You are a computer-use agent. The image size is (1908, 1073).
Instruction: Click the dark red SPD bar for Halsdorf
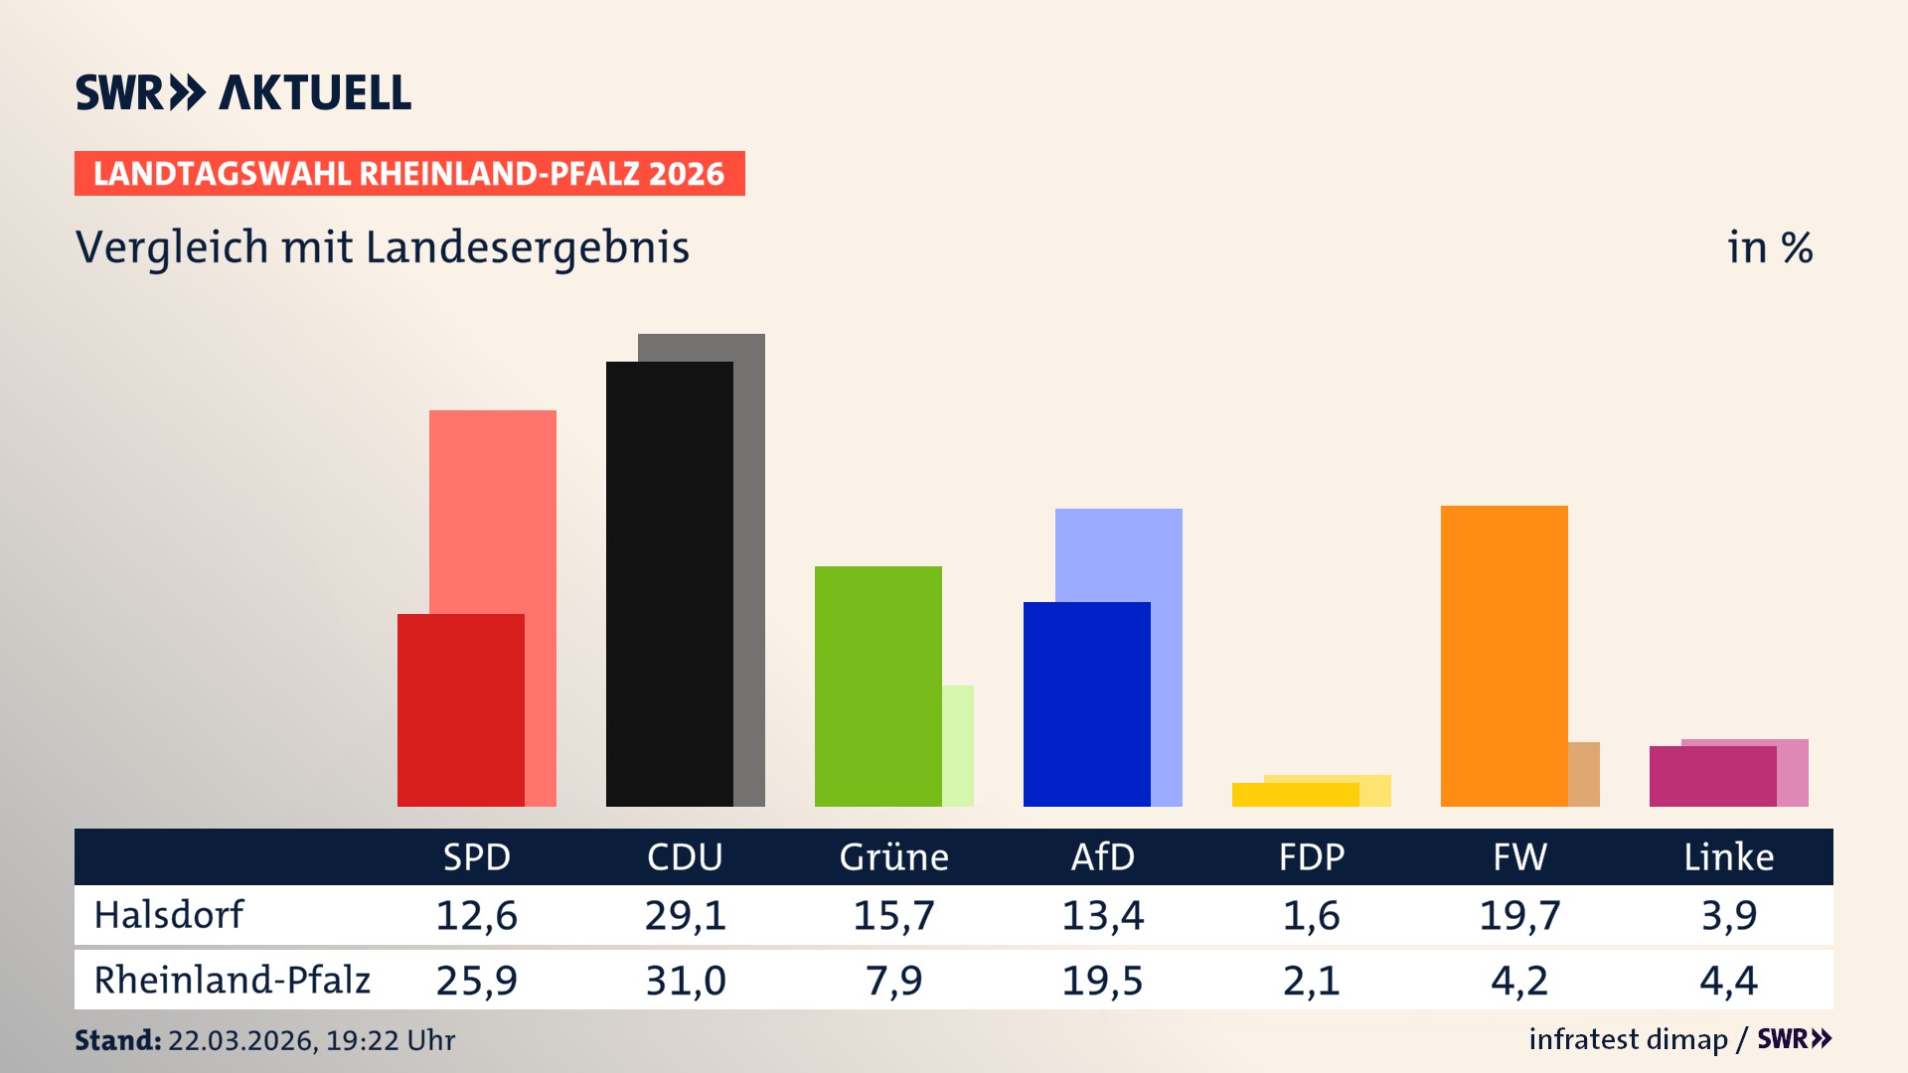[x=461, y=709]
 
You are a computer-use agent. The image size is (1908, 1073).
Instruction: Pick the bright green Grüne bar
[x=877, y=686]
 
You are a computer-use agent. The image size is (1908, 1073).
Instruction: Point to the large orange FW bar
[x=1504, y=656]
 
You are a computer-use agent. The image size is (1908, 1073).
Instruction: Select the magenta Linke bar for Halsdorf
[x=1712, y=776]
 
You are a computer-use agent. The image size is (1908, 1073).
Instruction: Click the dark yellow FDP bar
[x=1295, y=795]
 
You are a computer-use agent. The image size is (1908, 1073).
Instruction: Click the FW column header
[x=1519, y=856]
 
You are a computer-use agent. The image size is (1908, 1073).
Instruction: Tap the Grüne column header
[x=893, y=856]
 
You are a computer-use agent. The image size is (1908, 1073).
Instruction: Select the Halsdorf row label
[x=168, y=915]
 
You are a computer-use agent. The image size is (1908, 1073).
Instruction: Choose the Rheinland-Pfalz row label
[x=232, y=980]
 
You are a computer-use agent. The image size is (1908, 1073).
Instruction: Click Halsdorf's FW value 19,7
[x=1519, y=915]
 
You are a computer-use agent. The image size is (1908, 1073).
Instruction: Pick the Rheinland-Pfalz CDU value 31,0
[x=685, y=981]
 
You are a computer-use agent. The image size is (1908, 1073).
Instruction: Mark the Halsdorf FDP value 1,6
[x=1311, y=915]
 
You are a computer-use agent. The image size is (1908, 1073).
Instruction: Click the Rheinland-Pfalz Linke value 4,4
[x=1728, y=981]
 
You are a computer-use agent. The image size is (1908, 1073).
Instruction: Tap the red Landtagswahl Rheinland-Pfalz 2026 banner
[x=409, y=174]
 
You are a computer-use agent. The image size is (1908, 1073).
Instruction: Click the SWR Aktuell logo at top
[x=243, y=92]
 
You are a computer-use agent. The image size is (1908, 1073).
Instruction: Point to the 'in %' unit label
[x=1769, y=247]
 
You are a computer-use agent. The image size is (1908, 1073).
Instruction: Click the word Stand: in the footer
[x=117, y=1040]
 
